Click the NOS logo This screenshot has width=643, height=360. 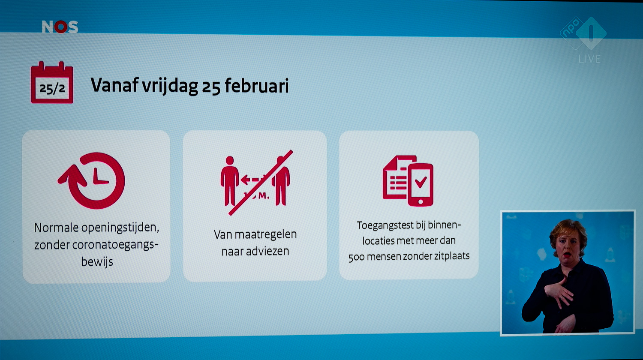click(x=60, y=27)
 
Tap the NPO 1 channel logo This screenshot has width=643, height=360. click(x=583, y=33)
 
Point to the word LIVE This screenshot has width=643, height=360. click(x=589, y=59)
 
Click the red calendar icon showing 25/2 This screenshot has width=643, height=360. click(x=52, y=82)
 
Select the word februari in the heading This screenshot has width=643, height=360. click(x=257, y=86)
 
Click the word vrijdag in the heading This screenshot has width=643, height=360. click(x=170, y=86)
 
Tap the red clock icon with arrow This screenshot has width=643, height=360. click(x=92, y=180)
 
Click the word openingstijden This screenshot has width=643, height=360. click(x=120, y=228)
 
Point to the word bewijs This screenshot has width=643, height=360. click(x=97, y=261)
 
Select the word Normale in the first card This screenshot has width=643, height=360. click(x=56, y=228)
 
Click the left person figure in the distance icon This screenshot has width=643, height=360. click(x=230, y=181)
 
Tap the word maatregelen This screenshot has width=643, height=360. click(x=266, y=234)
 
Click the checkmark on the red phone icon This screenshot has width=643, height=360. click(x=421, y=182)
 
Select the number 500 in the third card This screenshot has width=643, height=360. click(x=356, y=257)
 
